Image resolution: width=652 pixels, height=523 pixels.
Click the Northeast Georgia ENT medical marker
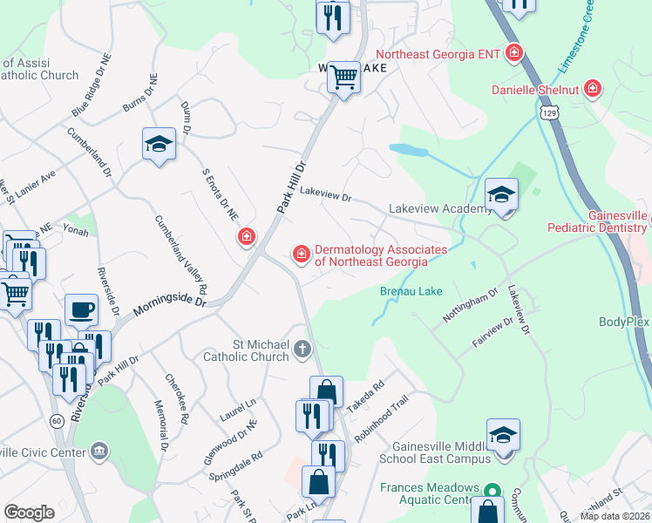point(514,53)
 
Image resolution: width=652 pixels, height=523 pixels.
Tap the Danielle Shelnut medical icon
point(593,88)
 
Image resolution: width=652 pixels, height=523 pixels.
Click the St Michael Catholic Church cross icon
point(302,350)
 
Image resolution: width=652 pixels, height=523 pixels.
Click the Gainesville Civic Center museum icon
point(99,451)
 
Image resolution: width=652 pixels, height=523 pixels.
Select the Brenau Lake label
point(411,291)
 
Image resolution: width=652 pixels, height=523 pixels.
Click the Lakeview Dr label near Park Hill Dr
point(324,194)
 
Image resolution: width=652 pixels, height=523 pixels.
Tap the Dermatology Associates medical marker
point(301,254)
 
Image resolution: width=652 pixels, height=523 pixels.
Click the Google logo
point(29,513)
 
